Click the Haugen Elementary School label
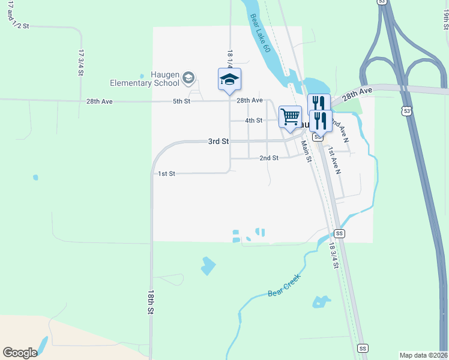144,79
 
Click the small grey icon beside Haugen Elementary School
188,77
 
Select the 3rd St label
218,142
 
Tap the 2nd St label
269,158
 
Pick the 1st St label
166,173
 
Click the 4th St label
254,121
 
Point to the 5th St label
181,101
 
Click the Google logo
20,352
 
